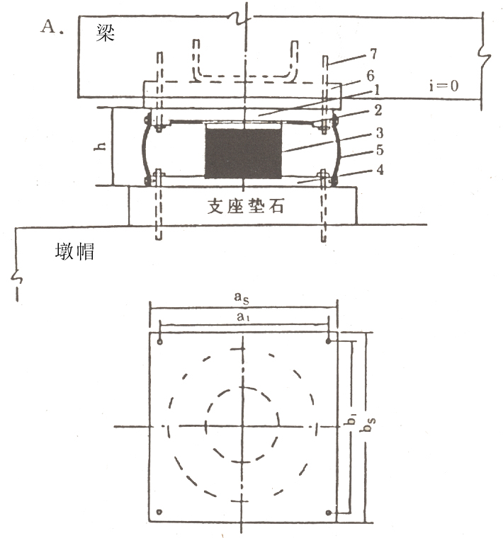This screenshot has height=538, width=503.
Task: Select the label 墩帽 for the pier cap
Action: point(75,251)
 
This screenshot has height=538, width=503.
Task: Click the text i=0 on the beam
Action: point(443,86)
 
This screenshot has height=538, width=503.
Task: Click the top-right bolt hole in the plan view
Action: point(329,342)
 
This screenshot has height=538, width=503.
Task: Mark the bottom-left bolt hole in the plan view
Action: point(161,512)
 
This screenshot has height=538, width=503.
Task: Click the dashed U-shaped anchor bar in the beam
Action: point(244,74)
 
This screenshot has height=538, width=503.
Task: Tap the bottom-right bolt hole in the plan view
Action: point(329,512)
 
